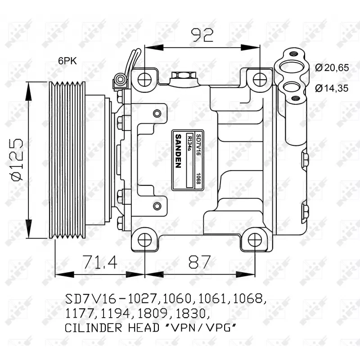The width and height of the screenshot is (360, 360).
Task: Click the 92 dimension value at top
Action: pos(202,35)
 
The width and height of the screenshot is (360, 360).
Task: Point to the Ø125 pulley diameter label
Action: pos(16,159)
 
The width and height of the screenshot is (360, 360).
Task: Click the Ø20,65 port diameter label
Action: pos(332,68)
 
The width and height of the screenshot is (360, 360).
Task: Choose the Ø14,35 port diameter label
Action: pos(332,88)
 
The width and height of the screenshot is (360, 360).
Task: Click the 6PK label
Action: pos(67,61)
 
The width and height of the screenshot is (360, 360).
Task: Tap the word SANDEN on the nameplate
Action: pos(178,151)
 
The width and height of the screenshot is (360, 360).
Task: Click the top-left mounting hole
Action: pos(144,80)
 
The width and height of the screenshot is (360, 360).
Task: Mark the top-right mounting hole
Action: pos(260,80)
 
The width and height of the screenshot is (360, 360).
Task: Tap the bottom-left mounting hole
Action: pos(144,240)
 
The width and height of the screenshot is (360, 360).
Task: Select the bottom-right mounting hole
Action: pos(255,240)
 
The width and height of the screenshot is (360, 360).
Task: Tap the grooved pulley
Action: pos(67,160)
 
